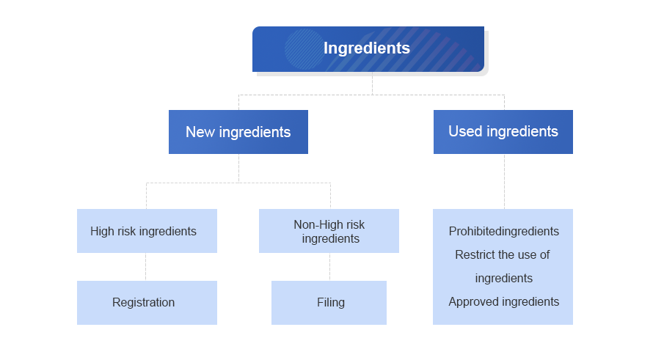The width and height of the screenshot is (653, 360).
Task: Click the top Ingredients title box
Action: point(368,49)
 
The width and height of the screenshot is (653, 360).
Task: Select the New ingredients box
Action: point(238,132)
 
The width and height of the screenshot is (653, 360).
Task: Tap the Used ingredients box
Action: point(503,132)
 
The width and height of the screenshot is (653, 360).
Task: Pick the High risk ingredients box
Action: point(147,231)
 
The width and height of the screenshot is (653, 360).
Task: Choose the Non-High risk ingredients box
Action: point(329,231)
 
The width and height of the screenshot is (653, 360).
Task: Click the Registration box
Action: point(147,303)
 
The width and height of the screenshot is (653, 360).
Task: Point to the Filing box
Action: point(329,303)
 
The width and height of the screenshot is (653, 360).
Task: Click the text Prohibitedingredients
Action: point(504,232)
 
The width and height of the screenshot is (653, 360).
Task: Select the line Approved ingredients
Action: point(504,302)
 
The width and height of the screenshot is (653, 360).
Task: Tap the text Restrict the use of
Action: point(503,254)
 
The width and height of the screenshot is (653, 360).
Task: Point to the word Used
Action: point(465,131)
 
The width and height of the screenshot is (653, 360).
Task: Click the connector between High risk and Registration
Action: point(146,267)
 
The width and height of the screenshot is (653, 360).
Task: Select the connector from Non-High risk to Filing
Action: point(330,267)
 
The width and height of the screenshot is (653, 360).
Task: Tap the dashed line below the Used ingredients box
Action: point(504,181)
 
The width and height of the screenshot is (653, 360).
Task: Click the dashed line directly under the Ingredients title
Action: point(372,84)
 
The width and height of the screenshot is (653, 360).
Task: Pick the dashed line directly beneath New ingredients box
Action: point(238,168)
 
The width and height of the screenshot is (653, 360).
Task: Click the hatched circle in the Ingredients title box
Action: point(304,49)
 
